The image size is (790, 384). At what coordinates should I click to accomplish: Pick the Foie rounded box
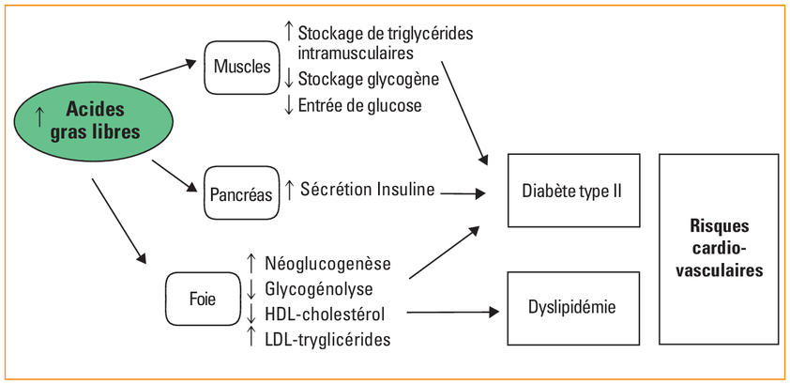pyautogui.click(x=203, y=300)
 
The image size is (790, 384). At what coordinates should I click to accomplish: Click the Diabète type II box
pyautogui.click(x=573, y=191)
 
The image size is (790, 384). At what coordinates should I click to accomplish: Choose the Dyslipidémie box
pyautogui.click(x=573, y=308)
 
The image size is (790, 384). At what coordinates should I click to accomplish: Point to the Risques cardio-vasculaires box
pyautogui.click(x=719, y=250)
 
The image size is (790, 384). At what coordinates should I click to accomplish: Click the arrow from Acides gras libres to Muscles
pyautogui.click(x=168, y=69)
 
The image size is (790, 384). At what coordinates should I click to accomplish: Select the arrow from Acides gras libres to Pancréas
pyautogui.click(x=175, y=176)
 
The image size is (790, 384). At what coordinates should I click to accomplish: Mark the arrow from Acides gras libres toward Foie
pyautogui.click(x=119, y=221)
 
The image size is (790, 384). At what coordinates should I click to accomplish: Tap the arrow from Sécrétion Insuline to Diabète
pyautogui.click(x=462, y=193)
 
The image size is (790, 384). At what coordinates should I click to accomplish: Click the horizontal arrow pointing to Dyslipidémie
pyautogui.click(x=452, y=313)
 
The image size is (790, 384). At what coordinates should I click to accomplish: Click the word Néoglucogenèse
pyautogui.click(x=327, y=264)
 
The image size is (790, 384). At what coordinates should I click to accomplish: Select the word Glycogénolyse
pyautogui.click(x=318, y=289)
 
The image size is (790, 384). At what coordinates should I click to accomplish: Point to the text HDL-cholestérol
pyautogui.click(x=325, y=315)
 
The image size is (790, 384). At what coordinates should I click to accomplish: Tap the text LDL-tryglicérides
pyautogui.click(x=327, y=339)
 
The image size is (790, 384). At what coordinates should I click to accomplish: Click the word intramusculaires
pyautogui.click(x=356, y=53)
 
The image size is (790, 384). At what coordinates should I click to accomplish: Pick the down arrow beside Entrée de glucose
pyautogui.click(x=289, y=106)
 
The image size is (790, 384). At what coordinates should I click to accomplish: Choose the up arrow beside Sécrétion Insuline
pyautogui.click(x=289, y=190)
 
